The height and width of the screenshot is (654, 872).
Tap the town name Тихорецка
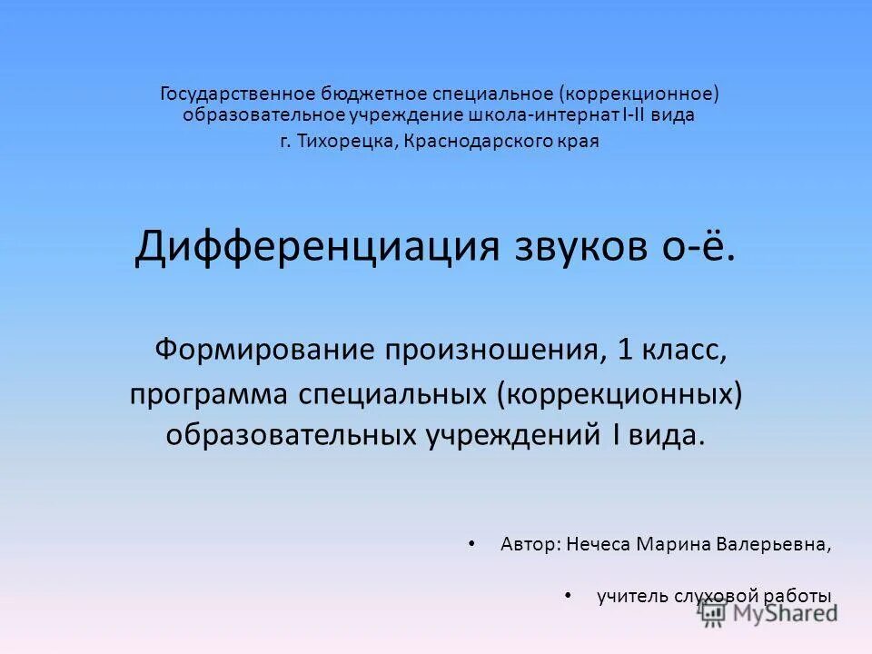349,142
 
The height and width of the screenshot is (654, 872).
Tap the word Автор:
530,544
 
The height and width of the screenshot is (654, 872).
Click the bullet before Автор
471,543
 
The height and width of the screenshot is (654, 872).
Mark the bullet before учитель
568,596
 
